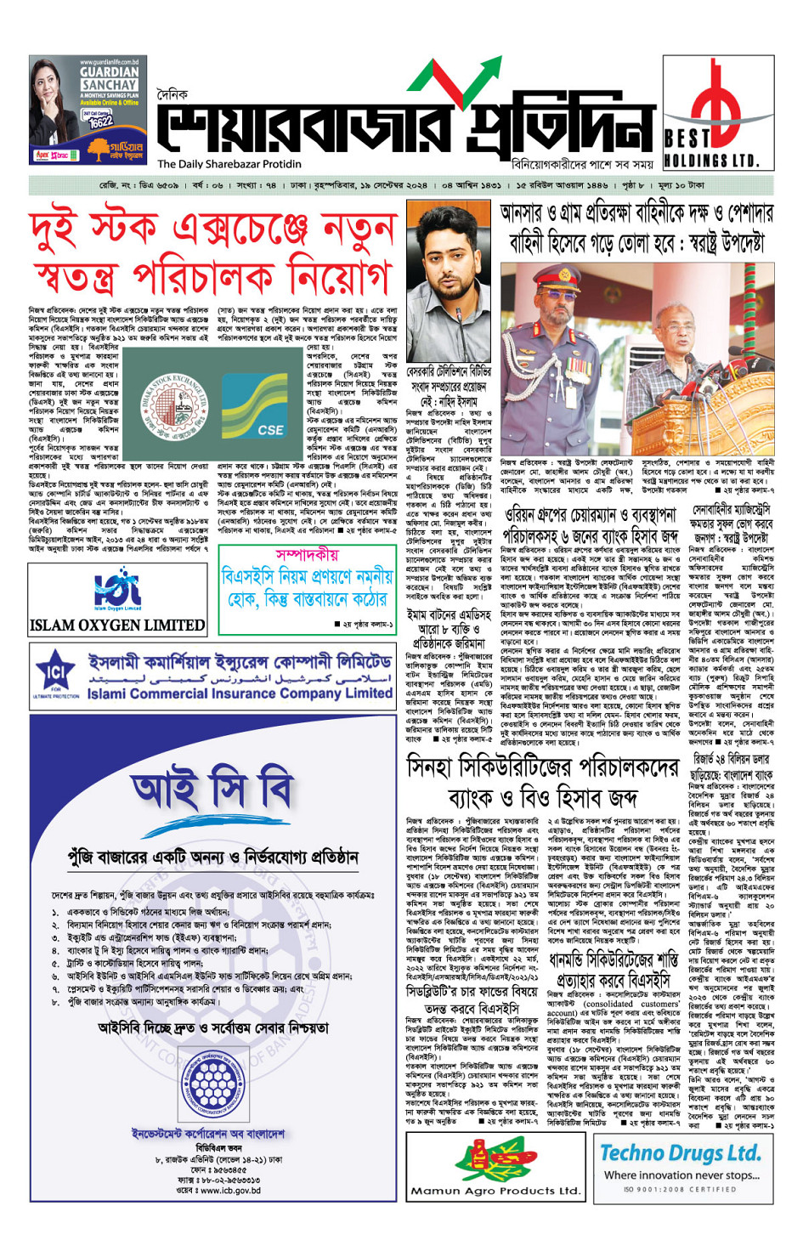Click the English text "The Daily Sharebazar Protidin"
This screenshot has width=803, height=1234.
coord(229,164)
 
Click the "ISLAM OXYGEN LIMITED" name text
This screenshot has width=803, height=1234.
coord(117,625)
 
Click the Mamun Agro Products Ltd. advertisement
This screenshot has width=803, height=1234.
coord(495,1167)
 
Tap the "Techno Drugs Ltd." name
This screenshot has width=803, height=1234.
coord(681,1153)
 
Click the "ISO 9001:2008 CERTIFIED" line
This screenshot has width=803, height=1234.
coord(680,1189)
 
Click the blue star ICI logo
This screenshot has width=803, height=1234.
coord(56,676)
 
